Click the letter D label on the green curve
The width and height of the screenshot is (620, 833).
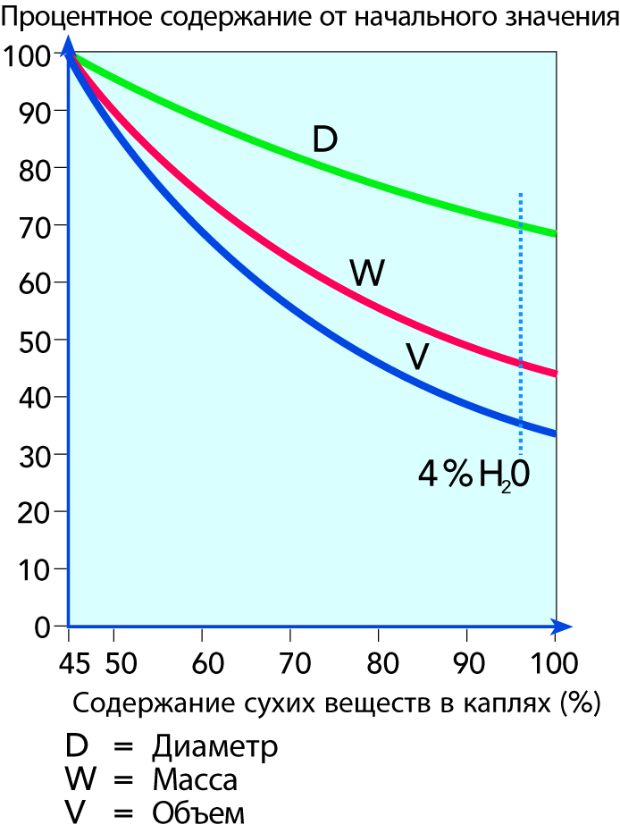[x=324, y=139]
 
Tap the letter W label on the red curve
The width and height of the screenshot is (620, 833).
[x=366, y=273]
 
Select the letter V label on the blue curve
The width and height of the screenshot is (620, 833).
[x=417, y=357]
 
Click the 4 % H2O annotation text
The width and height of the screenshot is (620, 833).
[x=474, y=475]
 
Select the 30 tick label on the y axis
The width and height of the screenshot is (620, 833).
[x=33, y=454]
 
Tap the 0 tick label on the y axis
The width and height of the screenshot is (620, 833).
[x=42, y=627]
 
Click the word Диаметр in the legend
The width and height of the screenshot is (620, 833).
[x=215, y=746]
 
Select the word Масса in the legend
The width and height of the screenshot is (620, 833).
[x=195, y=780]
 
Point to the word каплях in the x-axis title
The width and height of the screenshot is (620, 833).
[x=501, y=703]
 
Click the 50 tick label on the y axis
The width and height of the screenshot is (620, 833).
[x=33, y=340]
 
